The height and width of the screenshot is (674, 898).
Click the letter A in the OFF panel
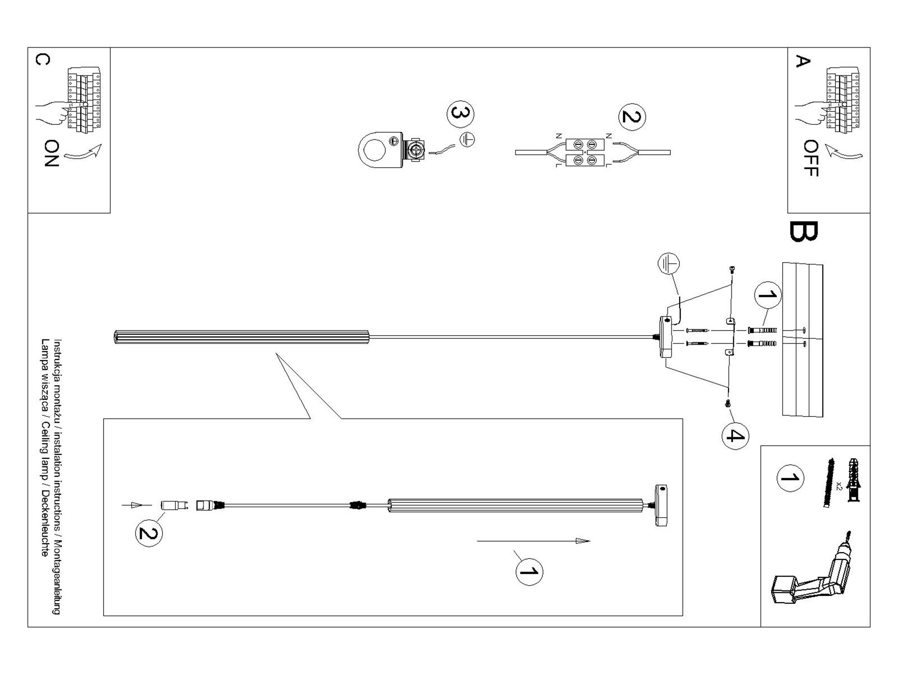[802, 61]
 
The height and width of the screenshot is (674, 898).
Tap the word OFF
[810, 158]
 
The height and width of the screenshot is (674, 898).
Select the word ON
[52, 153]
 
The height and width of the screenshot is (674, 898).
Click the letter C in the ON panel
[42, 59]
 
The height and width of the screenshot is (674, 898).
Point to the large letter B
[804, 232]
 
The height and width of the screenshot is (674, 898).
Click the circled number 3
[460, 114]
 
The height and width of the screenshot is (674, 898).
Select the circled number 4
[735, 435]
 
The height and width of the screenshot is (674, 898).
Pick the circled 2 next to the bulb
[149, 533]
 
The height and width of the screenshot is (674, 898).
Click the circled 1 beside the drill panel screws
[790, 478]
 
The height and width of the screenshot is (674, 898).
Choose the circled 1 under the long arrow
[529, 572]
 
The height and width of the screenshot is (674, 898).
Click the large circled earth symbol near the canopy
[669, 263]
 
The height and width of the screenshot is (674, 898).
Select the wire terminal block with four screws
[585, 152]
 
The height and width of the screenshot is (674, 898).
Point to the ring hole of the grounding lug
[374, 149]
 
